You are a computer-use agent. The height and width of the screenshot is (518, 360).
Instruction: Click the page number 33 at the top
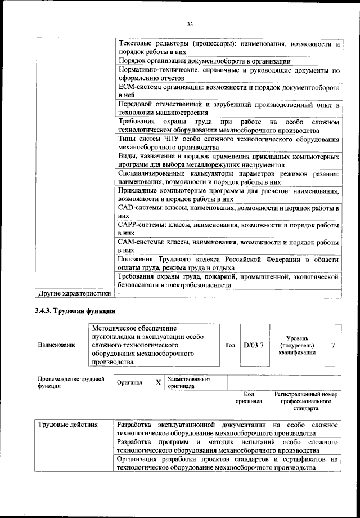[x=190, y=24]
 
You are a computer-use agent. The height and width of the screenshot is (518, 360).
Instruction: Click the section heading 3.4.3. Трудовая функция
[x=75, y=311]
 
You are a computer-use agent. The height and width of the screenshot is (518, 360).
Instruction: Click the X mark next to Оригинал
[x=158, y=383]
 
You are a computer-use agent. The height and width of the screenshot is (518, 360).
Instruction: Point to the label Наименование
[x=56, y=345]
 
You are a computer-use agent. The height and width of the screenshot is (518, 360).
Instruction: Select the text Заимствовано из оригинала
[x=188, y=383]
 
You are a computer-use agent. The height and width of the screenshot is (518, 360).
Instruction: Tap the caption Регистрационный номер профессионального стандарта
[x=306, y=401]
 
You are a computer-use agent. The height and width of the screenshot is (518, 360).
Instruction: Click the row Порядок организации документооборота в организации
[x=204, y=61]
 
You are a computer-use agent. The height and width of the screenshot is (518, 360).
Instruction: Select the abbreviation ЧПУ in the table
[x=170, y=139]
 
